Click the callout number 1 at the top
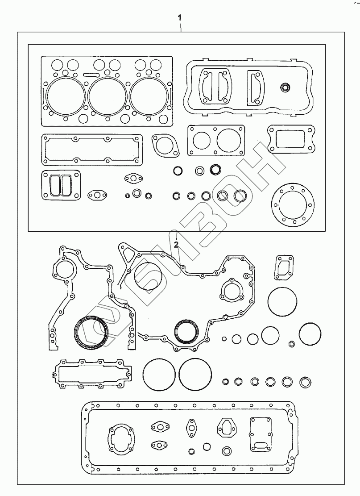point(180,18)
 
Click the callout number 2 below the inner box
point(176,244)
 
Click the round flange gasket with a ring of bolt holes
point(290,205)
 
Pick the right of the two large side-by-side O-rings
point(195,374)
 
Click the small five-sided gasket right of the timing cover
point(284,267)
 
